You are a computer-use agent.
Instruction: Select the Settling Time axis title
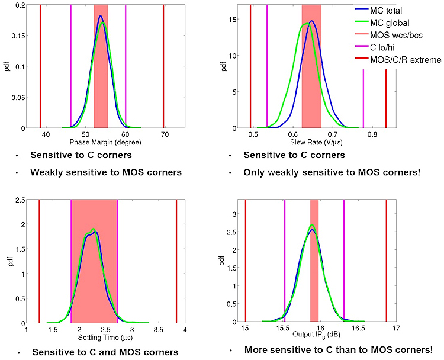pyautogui.click(x=101, y=339)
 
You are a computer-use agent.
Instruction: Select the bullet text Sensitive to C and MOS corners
pyautogui.click(x=105, y=352)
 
